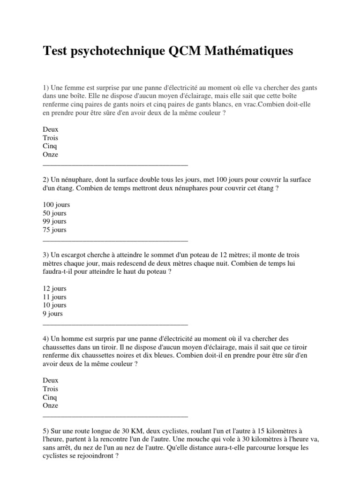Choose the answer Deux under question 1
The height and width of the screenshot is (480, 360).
[x=51, y=129]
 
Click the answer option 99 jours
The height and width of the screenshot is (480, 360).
[x=54, y=221]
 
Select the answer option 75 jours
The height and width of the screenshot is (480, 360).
[x=54, y=230]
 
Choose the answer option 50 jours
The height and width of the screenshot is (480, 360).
[x=54, y=213]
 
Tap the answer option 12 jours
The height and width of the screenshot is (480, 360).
[x=54, y=288]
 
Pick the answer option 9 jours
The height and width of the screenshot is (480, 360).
[x=52, y=314]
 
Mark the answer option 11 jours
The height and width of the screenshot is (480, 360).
[x=54, y=297]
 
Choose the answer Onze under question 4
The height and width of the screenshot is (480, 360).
[x=51, y=406]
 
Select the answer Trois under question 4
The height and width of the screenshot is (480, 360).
[x=51, y=389]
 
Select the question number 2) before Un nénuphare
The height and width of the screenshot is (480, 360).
[x=45, y=180]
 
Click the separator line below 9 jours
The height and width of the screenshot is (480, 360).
[x=115, y=323]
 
